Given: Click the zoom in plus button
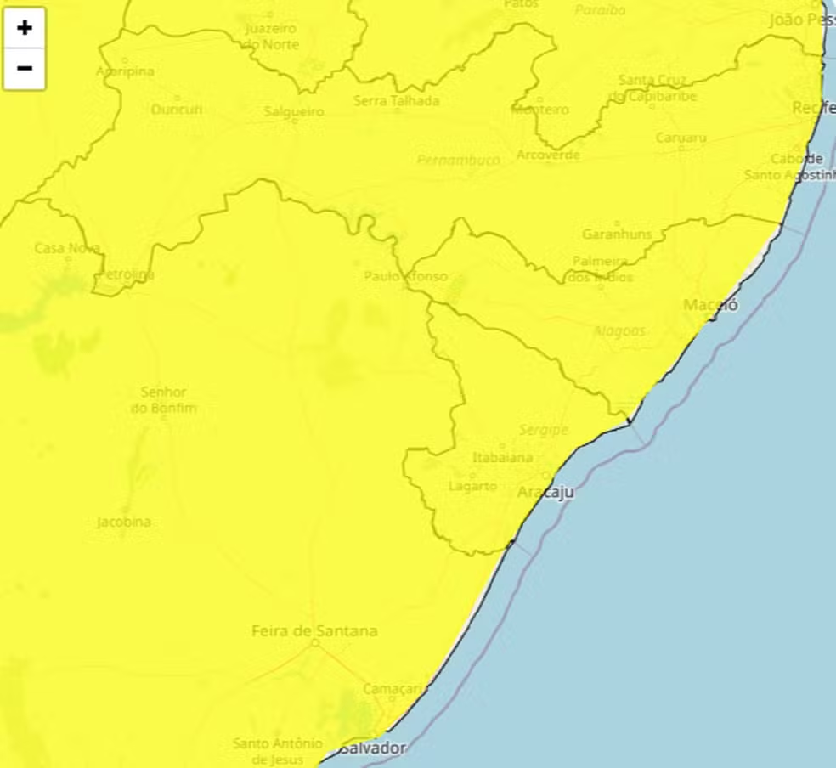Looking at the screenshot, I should [25, 28].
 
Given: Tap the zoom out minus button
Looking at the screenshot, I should [25, 68].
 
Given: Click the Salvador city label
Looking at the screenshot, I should [374, 748].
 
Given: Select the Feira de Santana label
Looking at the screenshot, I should [314, 631].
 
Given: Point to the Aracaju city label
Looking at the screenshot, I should [545, 493].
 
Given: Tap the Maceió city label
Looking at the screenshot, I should [711, 305].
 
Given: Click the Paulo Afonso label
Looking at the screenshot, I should [405, 276].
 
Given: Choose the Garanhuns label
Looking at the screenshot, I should [617, 234].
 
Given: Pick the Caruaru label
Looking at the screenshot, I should [681, 138].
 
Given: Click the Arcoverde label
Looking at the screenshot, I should [548, 155].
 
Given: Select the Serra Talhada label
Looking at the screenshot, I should [397, 101].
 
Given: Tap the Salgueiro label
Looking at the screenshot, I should [294, 111].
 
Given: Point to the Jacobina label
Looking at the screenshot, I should [124, 522].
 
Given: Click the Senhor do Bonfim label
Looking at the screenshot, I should [164, 400].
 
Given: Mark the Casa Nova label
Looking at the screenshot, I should [67, 248].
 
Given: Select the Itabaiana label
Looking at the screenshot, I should [502, 458].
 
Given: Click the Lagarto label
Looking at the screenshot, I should [472, 486].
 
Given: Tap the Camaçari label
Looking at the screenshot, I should [392, 688].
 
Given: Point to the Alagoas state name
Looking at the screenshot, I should [619, 331].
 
